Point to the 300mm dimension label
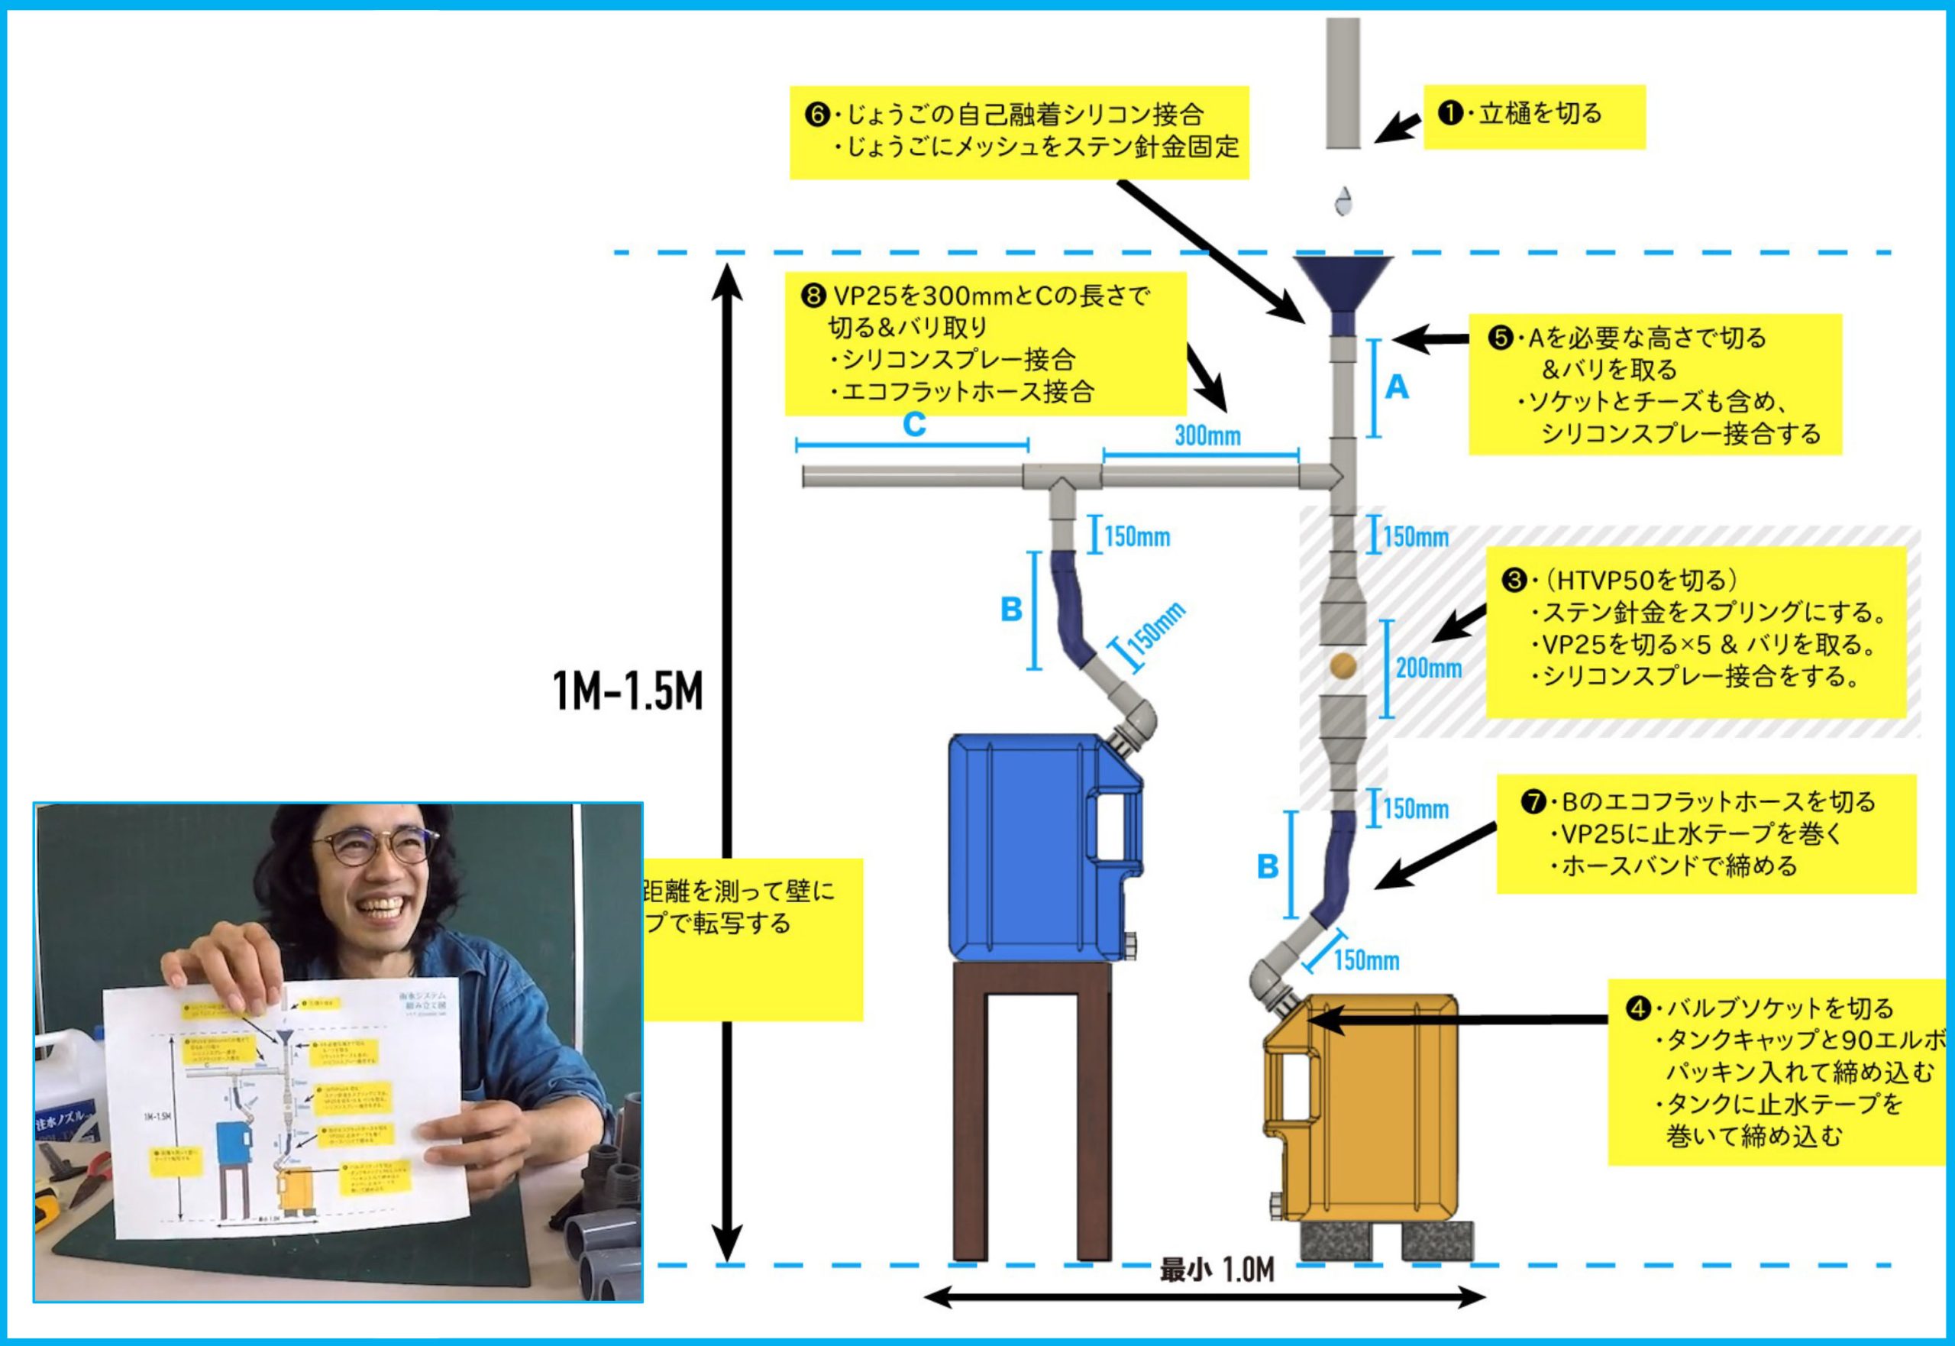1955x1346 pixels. pos(1207,435)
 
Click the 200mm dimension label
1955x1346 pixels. pos(1428,668)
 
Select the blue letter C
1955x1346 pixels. pos(914,424)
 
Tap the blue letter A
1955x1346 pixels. pos(1397,387)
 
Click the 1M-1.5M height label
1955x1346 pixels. pos(627,692)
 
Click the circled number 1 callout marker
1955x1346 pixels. pos(1449,113)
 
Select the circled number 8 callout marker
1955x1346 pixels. pos(813,296)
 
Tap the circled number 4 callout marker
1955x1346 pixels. pos(1637,1008)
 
